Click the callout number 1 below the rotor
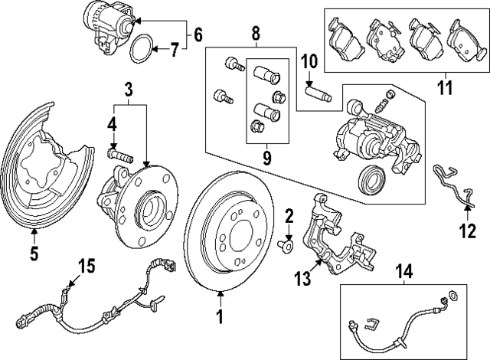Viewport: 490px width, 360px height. pos(220,315)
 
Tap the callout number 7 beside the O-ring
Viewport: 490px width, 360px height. pos(175,51)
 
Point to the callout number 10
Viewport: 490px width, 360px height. pos(309,61)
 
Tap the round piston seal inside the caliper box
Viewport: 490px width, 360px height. pos(371,178)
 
